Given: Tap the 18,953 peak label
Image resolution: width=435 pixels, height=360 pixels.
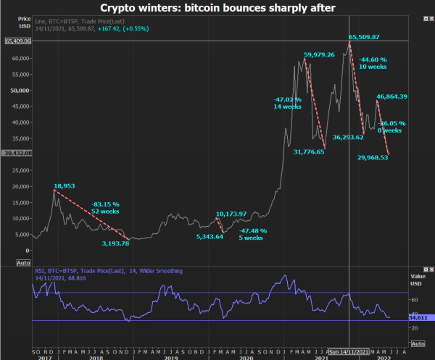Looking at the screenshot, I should click(65, 185).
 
